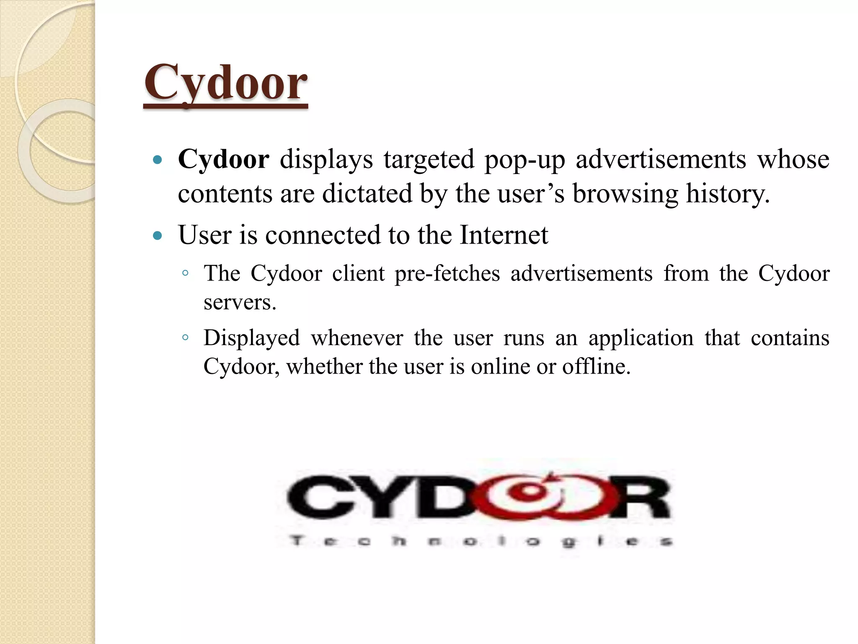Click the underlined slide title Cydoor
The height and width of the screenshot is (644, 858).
(x=225, y=83)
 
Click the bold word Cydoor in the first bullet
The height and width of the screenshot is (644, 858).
(x=223, y=159)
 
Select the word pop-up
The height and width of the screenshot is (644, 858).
(x=525, y=160)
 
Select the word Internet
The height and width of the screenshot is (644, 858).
(x=504, y=235)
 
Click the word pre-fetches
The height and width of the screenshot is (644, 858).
(x=447, y=274)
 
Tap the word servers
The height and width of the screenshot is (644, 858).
(x=240, y=302)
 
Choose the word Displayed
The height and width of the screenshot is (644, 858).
(x=252, y=338)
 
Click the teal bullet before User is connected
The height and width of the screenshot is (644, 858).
(x=158, y=236)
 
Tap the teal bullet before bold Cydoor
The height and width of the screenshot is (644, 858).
(x=158, y=160)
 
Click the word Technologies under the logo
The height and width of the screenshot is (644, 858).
(x=481, y=541)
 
